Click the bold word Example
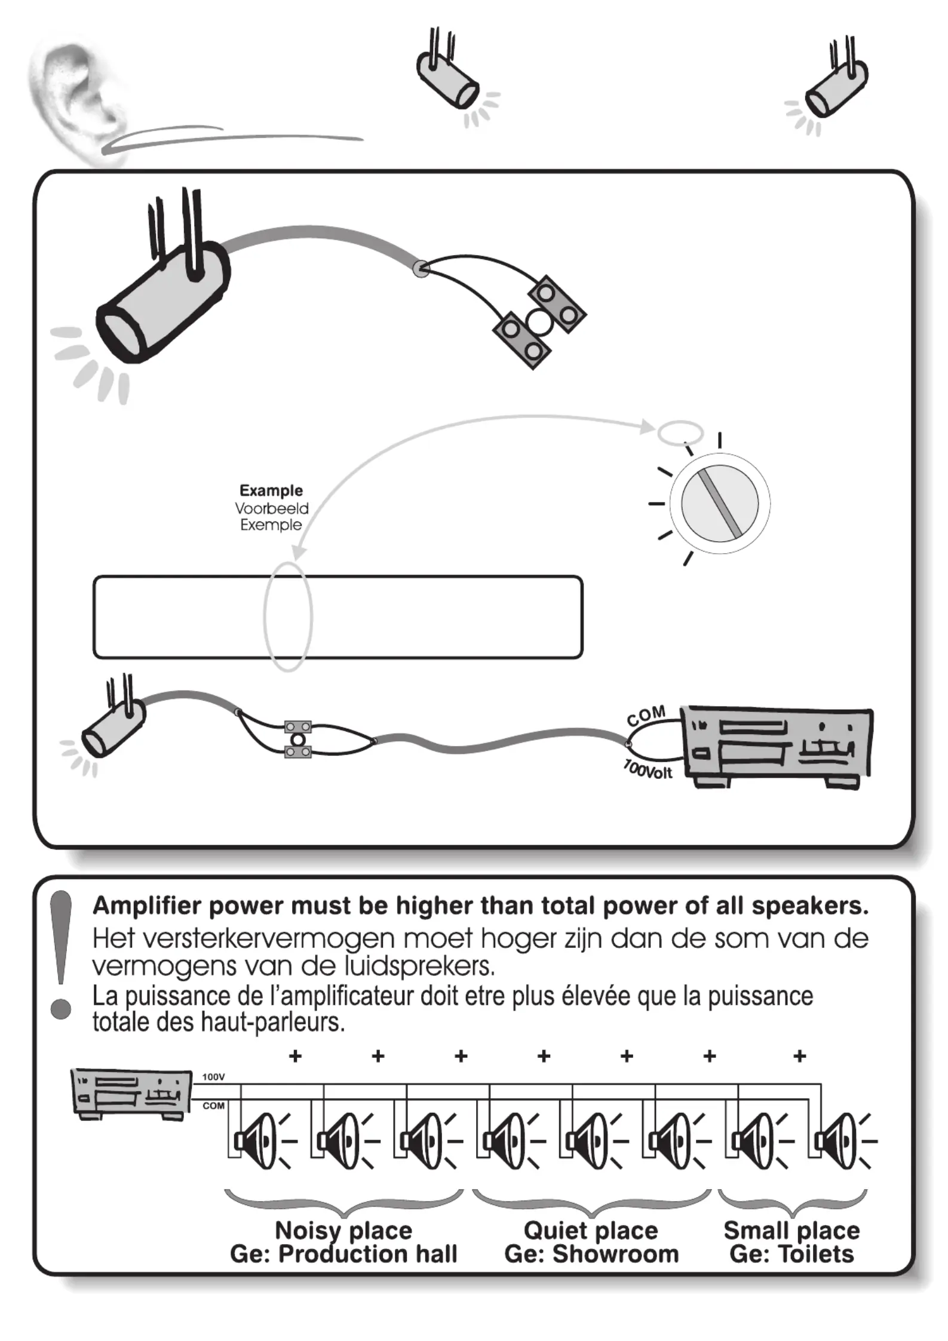[271, 490]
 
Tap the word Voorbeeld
[272, 508]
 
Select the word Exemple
[271, 525]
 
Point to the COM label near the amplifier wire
[646, 715]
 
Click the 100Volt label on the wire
[648, 769]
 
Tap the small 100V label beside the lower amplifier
[213, 1077]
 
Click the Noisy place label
[343, 1230]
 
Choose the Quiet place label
[591, 1230]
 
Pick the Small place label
[791, 1230]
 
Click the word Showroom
[615, 1254]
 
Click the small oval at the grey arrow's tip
[680, 432]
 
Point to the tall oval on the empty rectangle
[288, 616]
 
